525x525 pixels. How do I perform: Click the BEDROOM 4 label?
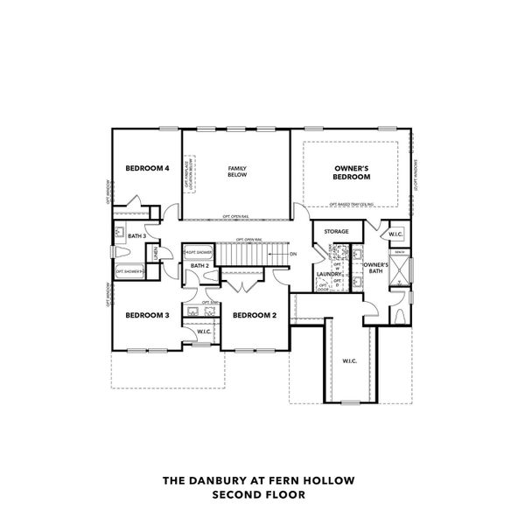point(147,168)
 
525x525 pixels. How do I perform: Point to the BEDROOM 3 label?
point(147,315)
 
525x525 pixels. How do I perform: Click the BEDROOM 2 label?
point(255,315)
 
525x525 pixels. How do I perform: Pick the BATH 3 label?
point(136,235)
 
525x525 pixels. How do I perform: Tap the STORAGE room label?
point(337,232)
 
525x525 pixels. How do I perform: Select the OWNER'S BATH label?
point(375,268)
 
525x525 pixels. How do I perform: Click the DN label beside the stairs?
point(293,254)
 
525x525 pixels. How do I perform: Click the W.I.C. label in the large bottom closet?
point(350,360)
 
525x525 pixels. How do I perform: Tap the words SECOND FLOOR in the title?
point(262,494)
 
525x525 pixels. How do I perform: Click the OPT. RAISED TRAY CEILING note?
point(354,205)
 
